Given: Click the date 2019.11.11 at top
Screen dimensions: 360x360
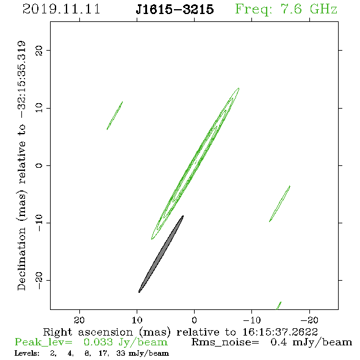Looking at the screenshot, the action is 61,9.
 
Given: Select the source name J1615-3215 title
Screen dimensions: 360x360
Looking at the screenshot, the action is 175,9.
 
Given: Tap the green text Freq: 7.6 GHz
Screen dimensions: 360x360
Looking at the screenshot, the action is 286,9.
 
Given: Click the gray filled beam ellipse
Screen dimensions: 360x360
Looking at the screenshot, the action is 161,254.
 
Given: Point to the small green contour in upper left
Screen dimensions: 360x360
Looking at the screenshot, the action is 115,115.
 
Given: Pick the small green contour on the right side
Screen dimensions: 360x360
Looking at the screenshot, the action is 279,204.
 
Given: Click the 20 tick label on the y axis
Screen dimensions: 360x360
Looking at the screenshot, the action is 39,50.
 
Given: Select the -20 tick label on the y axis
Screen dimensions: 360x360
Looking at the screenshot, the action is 39,280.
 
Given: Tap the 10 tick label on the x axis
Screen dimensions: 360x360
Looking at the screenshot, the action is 137,320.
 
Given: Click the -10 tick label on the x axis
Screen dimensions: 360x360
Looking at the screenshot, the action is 252,320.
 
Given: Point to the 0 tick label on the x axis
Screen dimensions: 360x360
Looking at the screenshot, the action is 195,320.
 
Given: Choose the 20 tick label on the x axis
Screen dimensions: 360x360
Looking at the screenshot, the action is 79,320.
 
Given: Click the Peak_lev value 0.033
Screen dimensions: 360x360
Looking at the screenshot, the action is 98,342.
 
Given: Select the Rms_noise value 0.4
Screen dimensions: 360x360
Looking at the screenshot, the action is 279,342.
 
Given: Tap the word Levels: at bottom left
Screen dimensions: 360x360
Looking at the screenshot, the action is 27,353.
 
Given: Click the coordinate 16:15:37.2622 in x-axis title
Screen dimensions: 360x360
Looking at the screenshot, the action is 280,332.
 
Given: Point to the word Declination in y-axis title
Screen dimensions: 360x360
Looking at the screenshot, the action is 21,259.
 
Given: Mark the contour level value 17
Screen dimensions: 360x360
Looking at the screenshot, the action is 103,353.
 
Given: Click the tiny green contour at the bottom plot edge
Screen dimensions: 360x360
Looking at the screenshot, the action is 279,306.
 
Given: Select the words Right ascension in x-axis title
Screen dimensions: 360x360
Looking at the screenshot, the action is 88,332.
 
